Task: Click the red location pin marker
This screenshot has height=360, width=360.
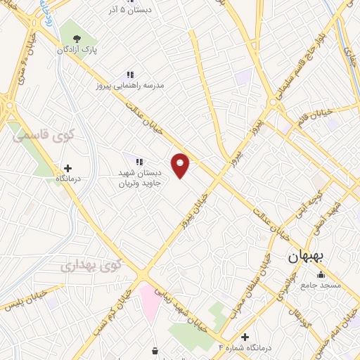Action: [180, 165]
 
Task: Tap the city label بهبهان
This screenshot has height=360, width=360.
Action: [307, 257]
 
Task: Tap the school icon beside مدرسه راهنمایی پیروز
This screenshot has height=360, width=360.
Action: [129, 74]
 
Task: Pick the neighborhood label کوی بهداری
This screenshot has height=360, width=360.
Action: [91, 266]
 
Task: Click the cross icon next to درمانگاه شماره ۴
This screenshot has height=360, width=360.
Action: [245, 337]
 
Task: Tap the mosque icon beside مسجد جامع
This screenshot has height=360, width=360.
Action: [321, 274]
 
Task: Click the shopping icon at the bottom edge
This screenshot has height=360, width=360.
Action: [155, 350]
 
